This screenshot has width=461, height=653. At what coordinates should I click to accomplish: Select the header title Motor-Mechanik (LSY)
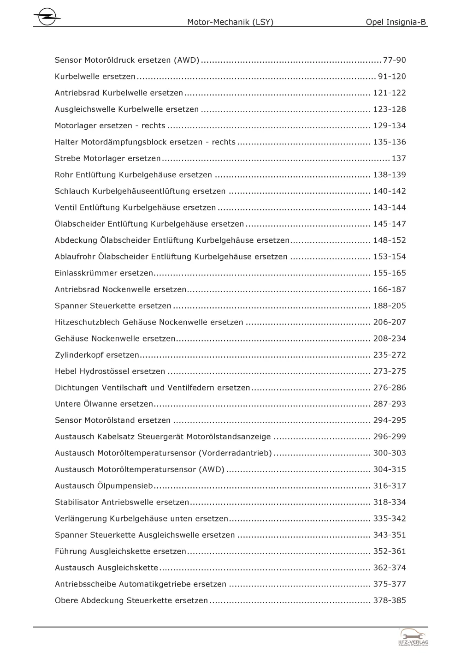click(230, 22)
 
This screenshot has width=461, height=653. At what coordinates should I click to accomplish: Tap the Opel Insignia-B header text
click(396, 22)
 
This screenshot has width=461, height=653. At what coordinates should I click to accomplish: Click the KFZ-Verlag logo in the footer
click(413, 637)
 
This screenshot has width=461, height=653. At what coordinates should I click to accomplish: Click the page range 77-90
click(394, 60)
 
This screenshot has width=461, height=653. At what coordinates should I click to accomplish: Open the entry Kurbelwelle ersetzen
click(95, 77)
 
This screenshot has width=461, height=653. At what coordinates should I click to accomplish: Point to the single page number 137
click(398, 158)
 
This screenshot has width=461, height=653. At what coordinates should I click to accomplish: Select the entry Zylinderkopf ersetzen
click(97, 355)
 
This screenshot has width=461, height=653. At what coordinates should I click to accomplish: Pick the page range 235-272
click(390, 355)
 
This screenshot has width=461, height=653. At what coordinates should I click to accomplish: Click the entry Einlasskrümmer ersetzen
click(104, 273)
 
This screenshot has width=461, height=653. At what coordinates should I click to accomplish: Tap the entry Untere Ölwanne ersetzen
click(104, 404)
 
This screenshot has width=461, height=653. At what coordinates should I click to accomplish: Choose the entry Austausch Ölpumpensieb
click(104, 486)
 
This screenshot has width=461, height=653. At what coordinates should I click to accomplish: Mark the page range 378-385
click(390, 600)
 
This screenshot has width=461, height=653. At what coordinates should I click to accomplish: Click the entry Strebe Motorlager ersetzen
click(107, 158)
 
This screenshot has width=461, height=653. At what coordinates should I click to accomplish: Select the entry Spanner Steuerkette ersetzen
click(113, 306)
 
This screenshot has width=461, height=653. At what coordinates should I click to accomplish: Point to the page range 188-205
click(390, 306)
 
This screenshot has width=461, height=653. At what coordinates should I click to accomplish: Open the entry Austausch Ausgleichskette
click(106, 568)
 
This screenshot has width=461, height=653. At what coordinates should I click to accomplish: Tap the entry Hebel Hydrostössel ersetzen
click(110, 371)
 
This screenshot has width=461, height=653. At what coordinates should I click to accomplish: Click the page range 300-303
click(390, 453)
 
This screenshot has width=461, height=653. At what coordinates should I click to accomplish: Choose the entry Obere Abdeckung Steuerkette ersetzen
click(131, 600)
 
